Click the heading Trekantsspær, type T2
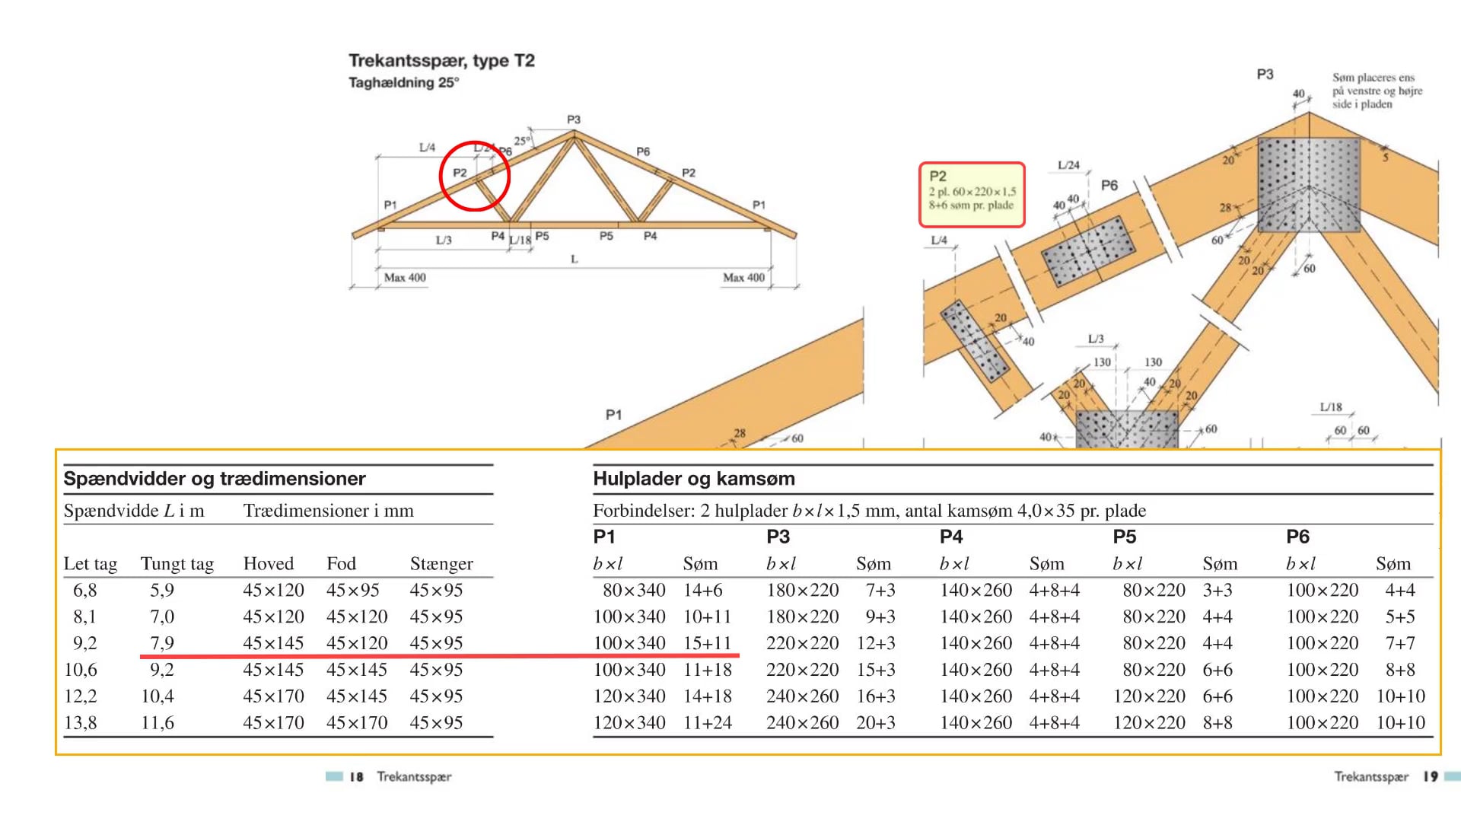pyautogui.click(x=441, y=61)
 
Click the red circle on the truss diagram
pyautogui.click(x=475, y=176)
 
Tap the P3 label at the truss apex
pyautogui.click(x=574, y=119)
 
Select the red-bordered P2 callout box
pyautogui.click(x=972, y=195)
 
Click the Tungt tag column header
pyautogui.click(x=177, y=564)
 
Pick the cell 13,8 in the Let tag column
pyautogui.click(x=81, y=722)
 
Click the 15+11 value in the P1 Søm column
pyautogui.click(x=707, y=643)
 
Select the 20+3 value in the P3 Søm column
pyautogui.click(x=875, y=722)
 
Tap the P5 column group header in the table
pyautogui.click(x=1124, y=537)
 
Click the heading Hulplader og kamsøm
pyautogui.click(x=693, y=479)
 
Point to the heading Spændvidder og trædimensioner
pyautogui.click(x=215, y=479)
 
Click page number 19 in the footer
pyautogui.click(x=1431, y=776)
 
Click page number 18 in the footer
pyautogui.click(x=356, y=776)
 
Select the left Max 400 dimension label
pyautogui.click(x=405, y=278)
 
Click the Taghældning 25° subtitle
pyautogui.click(x=403, y=82)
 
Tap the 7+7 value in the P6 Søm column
pyautogui.click(x=1399, y=643)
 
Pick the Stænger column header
pyautogui.click(x=441, y=564)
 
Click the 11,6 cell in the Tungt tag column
pyautogui.click(x=158, y=722)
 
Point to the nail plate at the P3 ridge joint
pyautogui.click(x=1308, y=185)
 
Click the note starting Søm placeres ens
pyautogui.click(x=1377, y=91)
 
